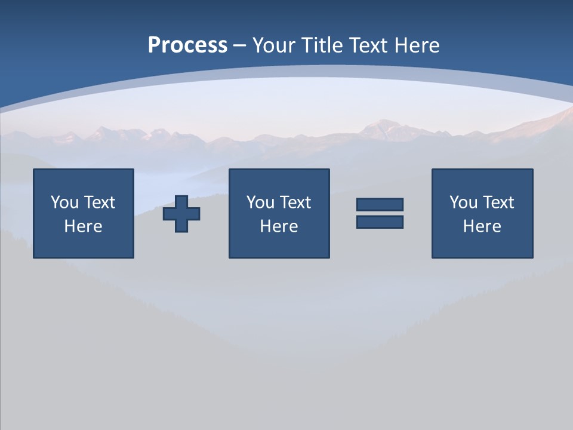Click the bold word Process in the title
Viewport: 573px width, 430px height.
pyautogui.click(x=187, y=45)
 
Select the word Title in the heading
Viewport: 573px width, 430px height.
pyautogui.click(x=321, y=45)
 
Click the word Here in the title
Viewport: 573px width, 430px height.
pyautogui.click(x=418, y=45)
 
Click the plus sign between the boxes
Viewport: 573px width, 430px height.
pyautogui.click(x=181, y=213)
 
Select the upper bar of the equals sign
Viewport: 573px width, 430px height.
pyautogui.click(x=380, y=204)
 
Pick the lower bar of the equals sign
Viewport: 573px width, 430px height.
pyautogui.click(x=380, y=222)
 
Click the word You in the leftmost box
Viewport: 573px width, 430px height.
pyautogui.click(x=64, y=202)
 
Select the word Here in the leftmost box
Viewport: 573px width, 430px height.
pyautogui.click(x=83, y=226)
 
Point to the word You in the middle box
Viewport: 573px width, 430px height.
pyautogui.click(x=260, y=202)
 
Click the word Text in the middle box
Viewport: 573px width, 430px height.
pyautogui.click(x=294, y=202)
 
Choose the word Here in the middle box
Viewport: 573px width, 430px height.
pyautogui.click(x=279, y=226)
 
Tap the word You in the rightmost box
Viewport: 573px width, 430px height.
pyautogui.click(x=463, y=202)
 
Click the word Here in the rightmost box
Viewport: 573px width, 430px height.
pyautogui.click(x=482, y=226)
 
